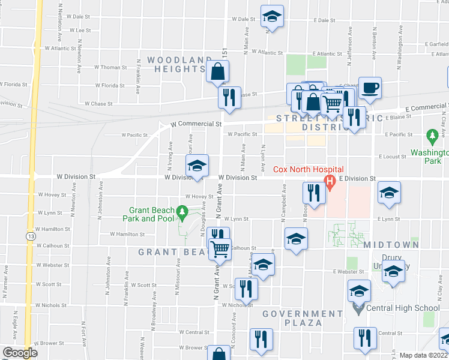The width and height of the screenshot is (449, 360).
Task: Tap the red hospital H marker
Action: pos(329,181)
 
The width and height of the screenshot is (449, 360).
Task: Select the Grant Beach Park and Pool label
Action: pos(153,214)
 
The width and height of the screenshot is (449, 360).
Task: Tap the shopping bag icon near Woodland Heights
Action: pos(217,72)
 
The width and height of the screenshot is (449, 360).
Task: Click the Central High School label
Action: pos(405,308)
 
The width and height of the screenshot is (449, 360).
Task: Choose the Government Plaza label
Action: pos(303,319)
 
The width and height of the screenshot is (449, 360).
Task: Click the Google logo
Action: pos(20,353)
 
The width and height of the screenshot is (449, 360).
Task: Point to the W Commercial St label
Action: pos(196,124)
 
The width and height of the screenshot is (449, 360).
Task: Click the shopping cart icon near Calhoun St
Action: pos(220,248)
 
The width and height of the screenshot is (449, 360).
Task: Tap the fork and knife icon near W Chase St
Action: pos(229,97)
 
